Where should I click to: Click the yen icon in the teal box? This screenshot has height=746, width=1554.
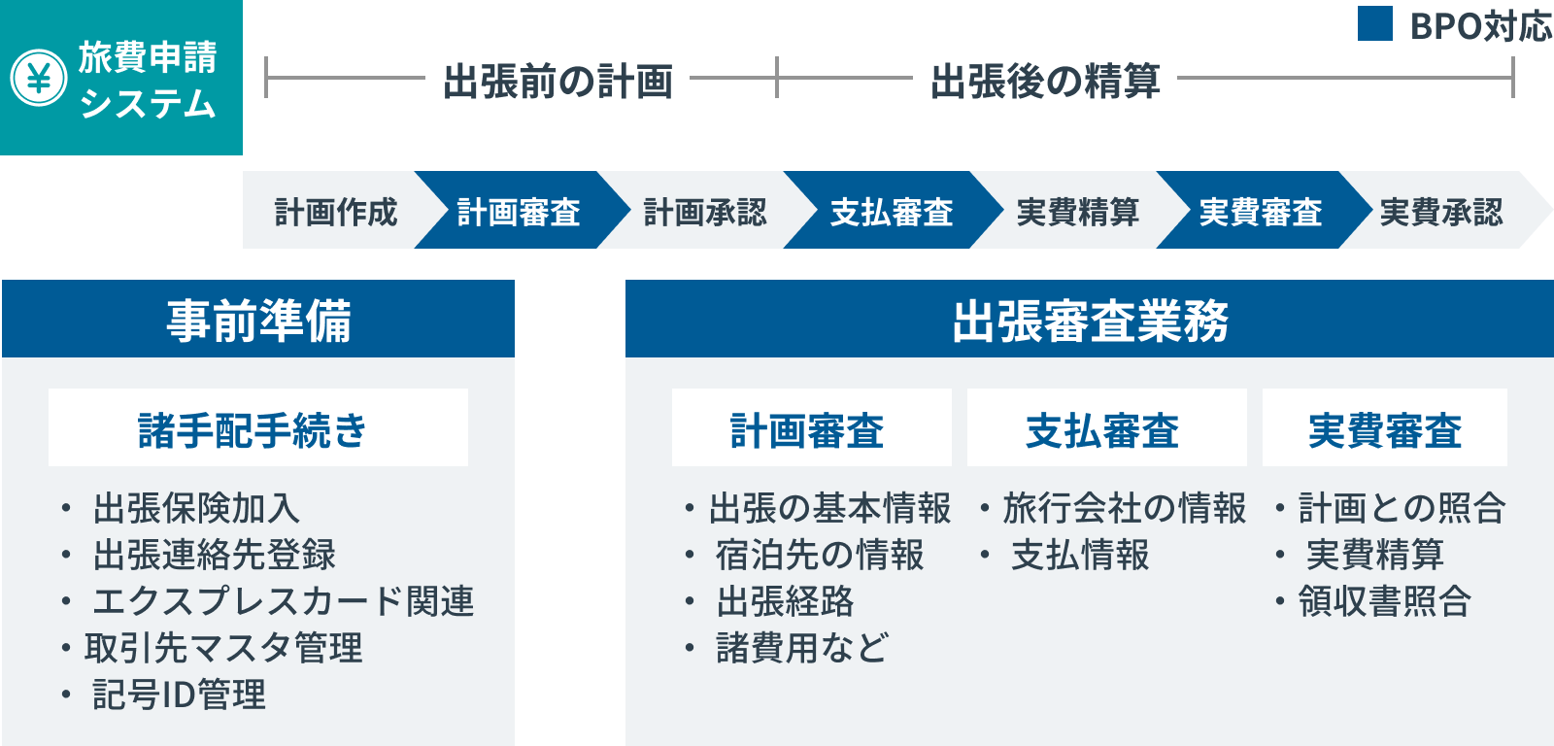[x=39, y=78]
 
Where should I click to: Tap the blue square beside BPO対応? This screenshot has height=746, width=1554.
[x=1375, y=23]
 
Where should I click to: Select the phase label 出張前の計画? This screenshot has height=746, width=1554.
[x=557, y=81]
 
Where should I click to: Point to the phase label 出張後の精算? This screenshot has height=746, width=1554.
[x=1045, y=81]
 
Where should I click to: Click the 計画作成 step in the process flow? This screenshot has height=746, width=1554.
[x=336, y=212]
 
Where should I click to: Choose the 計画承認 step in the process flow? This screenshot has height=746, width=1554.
[x=705, y=212]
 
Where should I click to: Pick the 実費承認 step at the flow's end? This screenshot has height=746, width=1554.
[x=1441, y=212]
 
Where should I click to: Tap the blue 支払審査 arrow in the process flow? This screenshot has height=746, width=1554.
[x=893, y=210]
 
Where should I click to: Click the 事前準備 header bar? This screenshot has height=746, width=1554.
[x=258, y=319]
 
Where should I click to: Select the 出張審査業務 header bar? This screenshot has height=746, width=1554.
[x=1090, y=319]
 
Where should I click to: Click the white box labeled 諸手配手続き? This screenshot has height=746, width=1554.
[x=258, y=427]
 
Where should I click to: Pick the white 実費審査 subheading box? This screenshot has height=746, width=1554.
[x=1385, y=427]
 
